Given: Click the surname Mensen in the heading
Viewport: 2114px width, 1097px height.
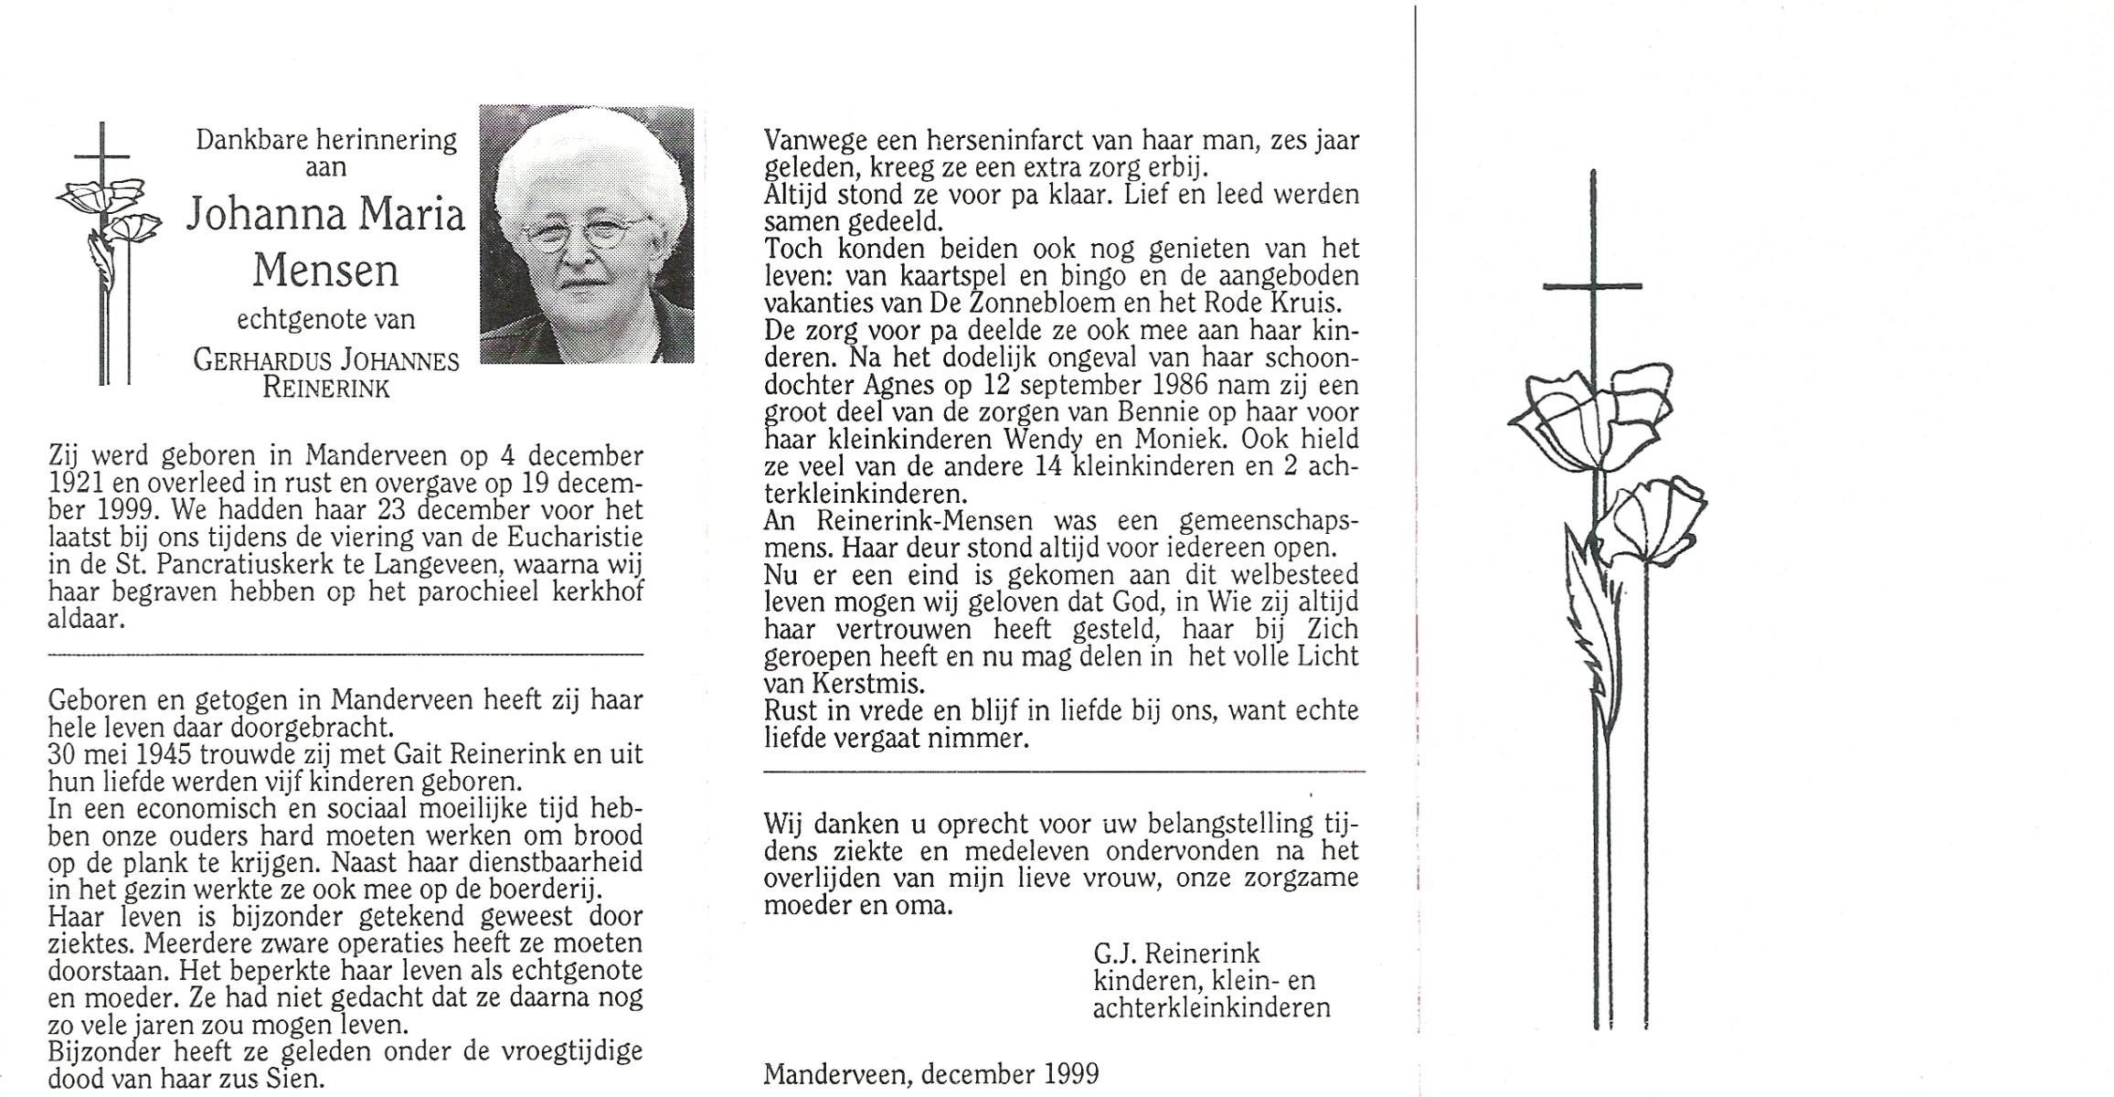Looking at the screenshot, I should coord(325,271).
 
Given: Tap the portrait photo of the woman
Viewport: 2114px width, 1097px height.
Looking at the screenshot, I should coord(587,234).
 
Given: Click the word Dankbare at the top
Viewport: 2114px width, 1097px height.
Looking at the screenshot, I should coord(249,141).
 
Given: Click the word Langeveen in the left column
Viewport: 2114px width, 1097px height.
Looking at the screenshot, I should coord(431,565).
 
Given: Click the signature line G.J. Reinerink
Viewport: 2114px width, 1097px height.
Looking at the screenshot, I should coord(1176,954).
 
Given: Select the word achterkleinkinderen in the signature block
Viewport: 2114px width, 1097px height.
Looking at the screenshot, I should coord(1211,1008).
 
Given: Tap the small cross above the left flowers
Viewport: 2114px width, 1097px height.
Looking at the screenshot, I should coord(102,155).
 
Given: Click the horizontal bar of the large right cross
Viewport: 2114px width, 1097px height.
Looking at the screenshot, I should coord(1591,287).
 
